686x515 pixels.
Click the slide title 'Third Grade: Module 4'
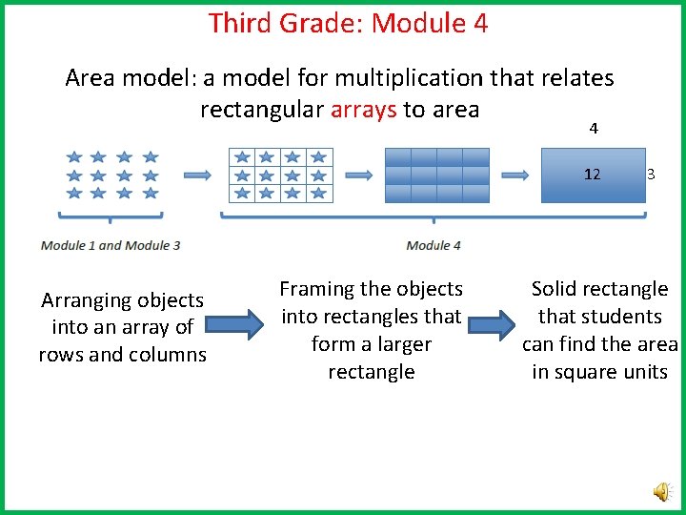click(x=348, y=23)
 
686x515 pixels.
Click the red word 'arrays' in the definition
click(x=364, y=110)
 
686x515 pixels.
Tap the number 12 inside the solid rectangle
click(x=592, y=175)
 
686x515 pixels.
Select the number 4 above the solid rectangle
click(x=594, y=129)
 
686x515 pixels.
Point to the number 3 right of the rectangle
click(x=651, y=175)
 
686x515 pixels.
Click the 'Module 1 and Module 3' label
click(x=111, y=245)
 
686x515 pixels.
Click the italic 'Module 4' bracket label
click(x=434, y=245)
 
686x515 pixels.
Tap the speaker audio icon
click(x=660, y=490)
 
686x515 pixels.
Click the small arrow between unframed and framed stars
click(x=197, y=175)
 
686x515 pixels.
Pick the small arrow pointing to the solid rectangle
click(x=514, y=175)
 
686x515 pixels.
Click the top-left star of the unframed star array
click(x=74, y=157)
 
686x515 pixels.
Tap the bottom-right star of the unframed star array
click(x=150, y=193)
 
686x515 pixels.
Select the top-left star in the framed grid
click(x=243, y=157)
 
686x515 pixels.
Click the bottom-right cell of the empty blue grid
click(x=475, y=193)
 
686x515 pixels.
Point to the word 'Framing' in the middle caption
click(x=315, y=289)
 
